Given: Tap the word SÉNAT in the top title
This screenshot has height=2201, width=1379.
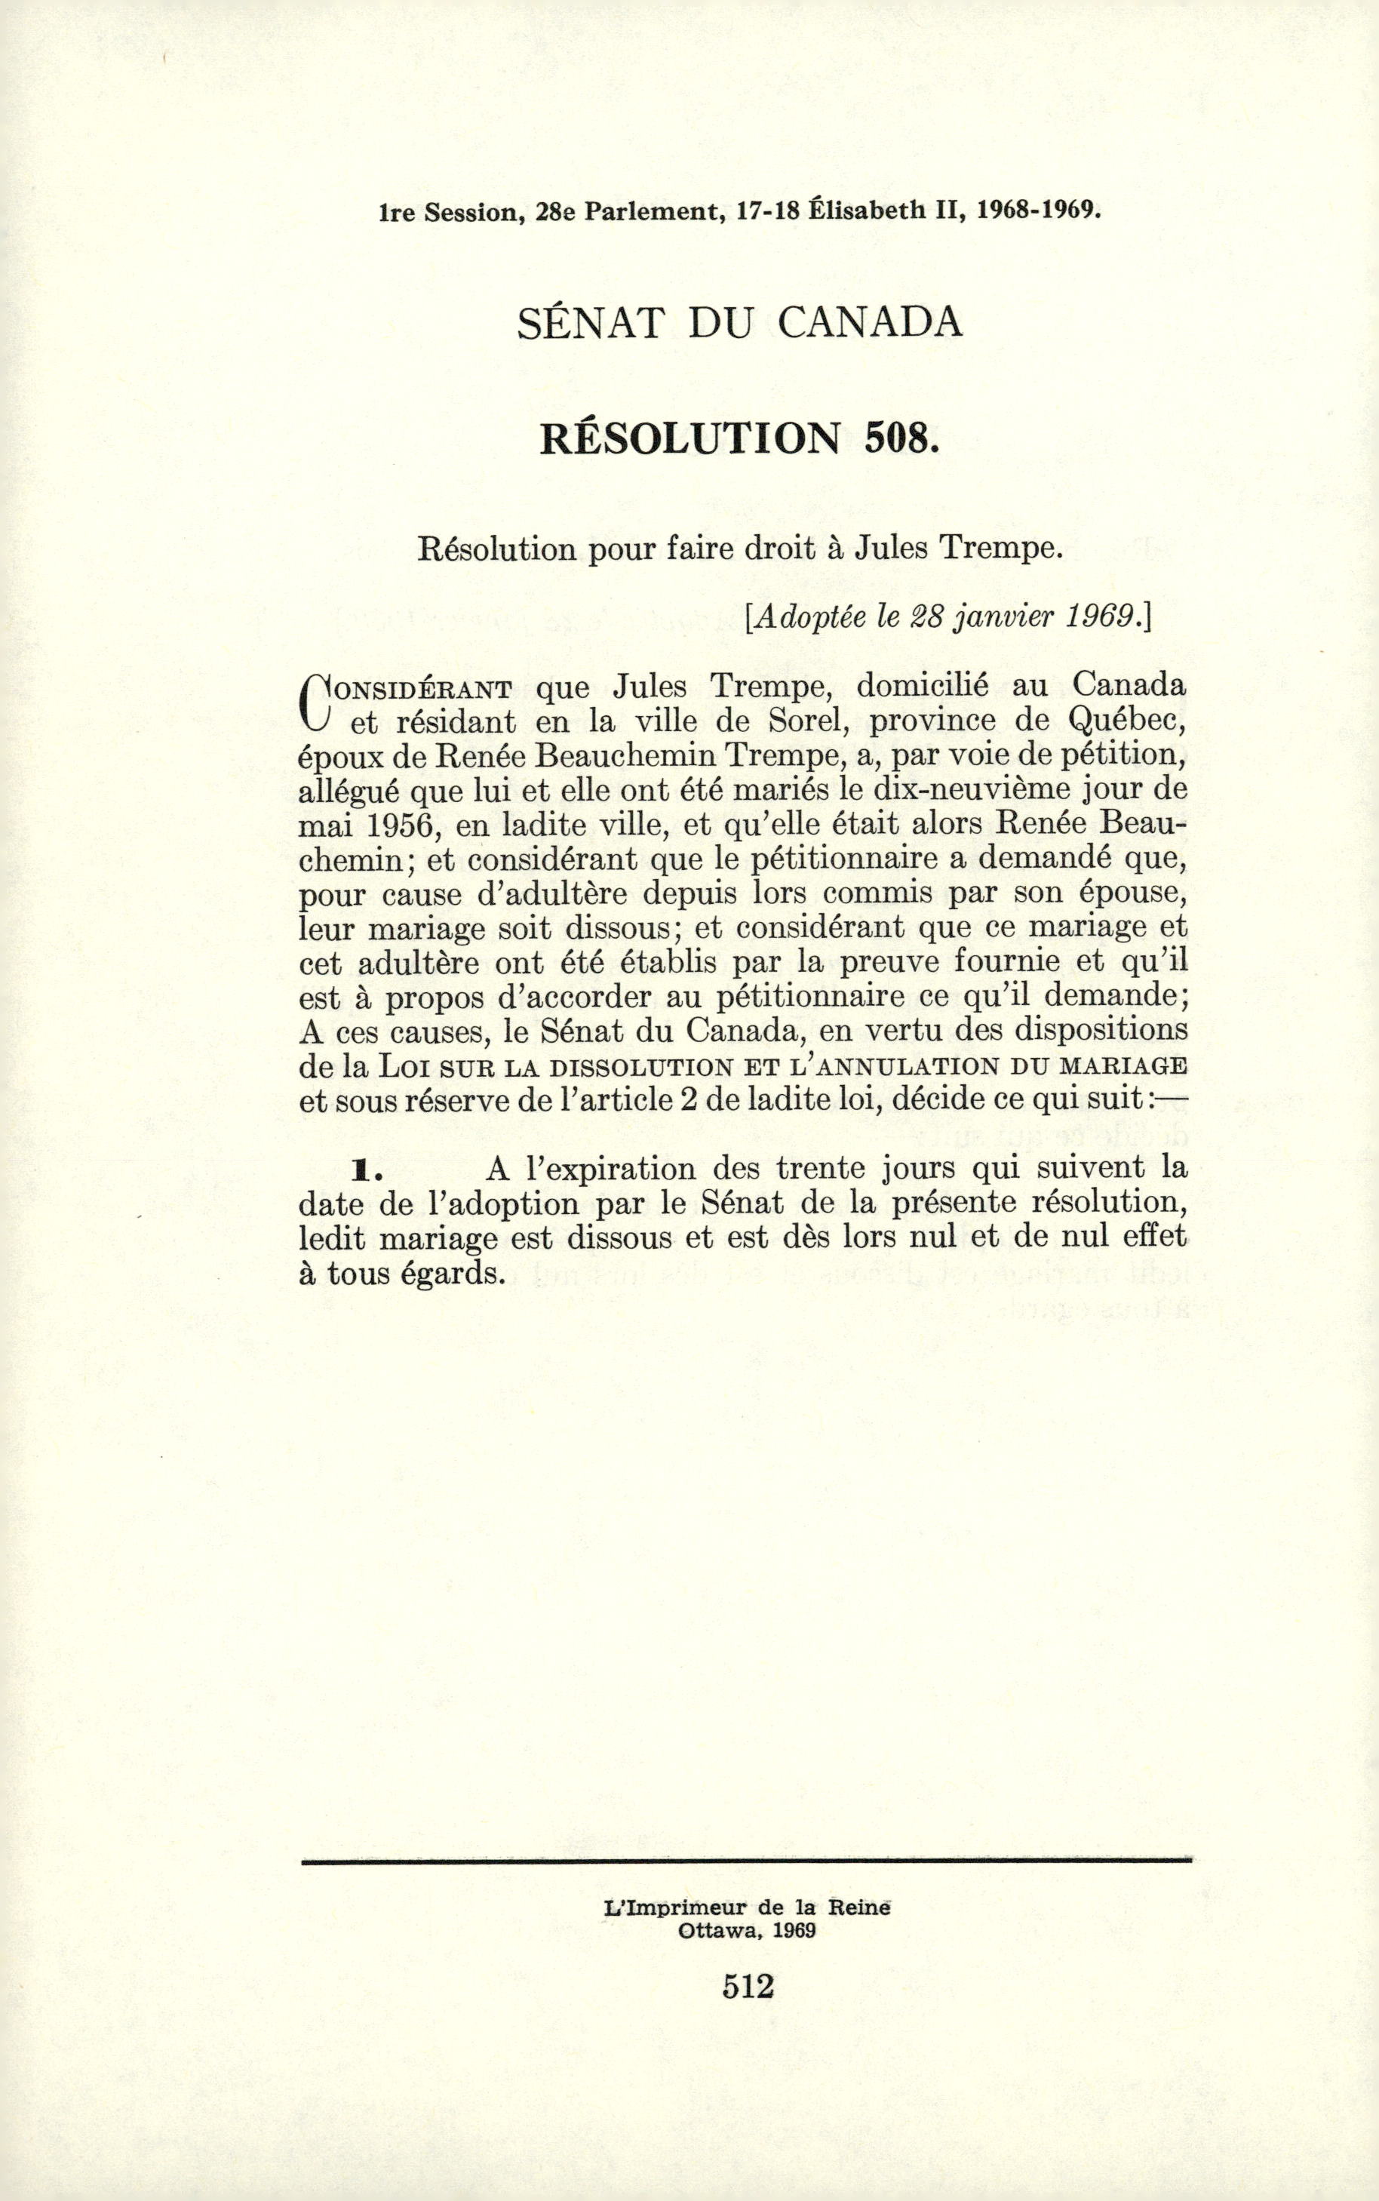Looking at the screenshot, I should pyautogui.click(x=588, y=323).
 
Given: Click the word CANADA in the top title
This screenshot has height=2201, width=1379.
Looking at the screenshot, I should pyautogui.click(x=871, y=323).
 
